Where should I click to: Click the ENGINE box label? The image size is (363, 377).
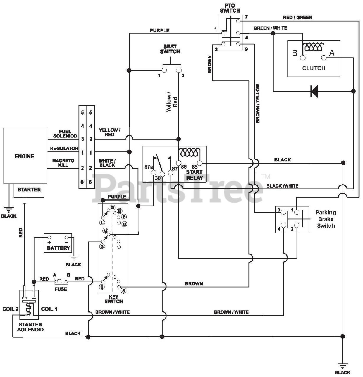click(x=24, y=156)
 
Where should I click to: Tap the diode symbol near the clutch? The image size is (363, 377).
click(x=314, y=91)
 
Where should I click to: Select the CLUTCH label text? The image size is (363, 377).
click(x=314, y=68)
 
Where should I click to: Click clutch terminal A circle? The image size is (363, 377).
click(x=323, y=58)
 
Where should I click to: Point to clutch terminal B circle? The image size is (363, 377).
click(x=302, y=58)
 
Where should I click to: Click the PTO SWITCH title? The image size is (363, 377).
click(x=230, y=8)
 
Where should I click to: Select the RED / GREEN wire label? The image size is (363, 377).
click(x=297, y=17)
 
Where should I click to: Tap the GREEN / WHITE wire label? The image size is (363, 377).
click(x=270, y=28)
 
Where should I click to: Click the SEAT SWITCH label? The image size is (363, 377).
click(x=170, y=49)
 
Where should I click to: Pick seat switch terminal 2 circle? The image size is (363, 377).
click(x=179, y=70)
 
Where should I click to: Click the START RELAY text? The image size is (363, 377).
click(x=194, y=175)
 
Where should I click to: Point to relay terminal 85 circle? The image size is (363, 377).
click(x=200, y=163)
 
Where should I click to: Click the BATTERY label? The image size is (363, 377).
click(x=58, y=248)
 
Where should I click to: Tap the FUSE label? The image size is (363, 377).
click(x=61, y=289)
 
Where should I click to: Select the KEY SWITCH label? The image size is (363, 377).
click(x=114, y=299)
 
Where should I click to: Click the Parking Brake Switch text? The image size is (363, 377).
click(x=326, y=219)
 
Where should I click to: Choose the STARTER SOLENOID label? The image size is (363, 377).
click(x=30, y=327)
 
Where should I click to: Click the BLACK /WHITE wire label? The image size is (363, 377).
click(x=282, y=186)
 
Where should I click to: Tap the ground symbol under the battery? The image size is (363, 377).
click(x=74, y=258)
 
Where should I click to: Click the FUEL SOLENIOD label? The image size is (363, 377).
click(x=65, y=134)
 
